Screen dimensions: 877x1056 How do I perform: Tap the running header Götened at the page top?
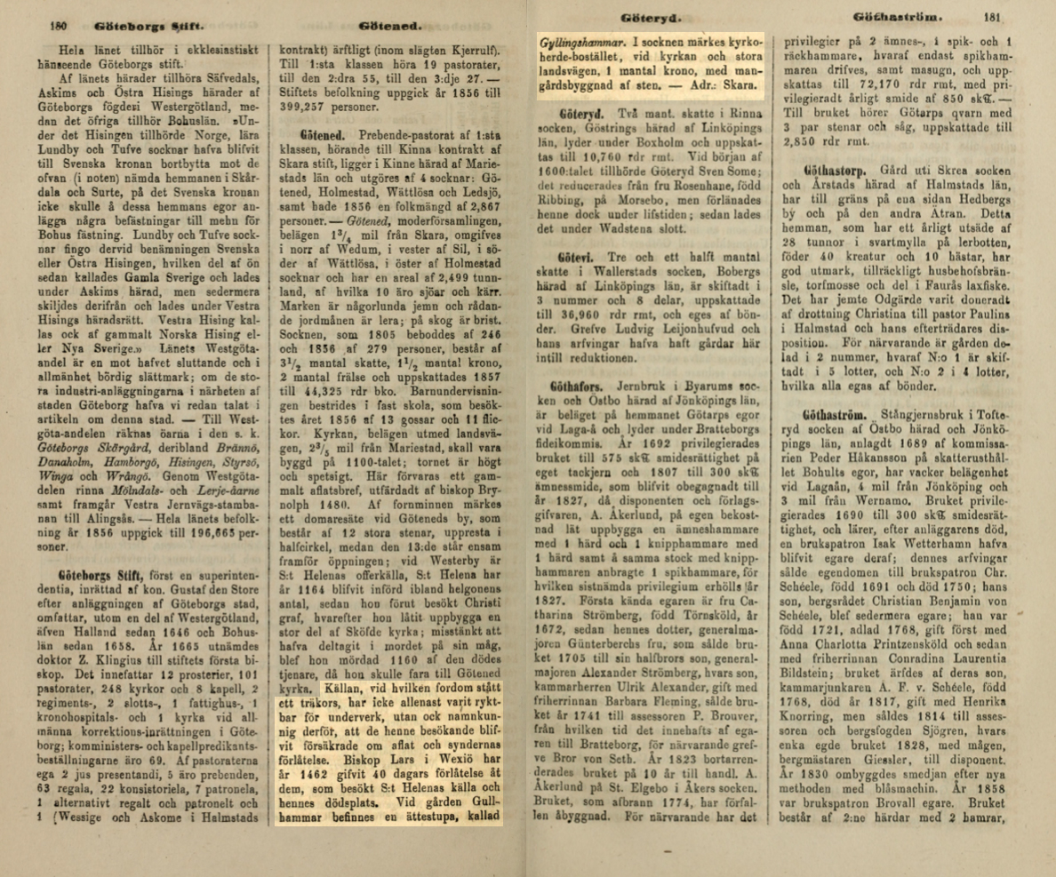click(391, 28)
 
